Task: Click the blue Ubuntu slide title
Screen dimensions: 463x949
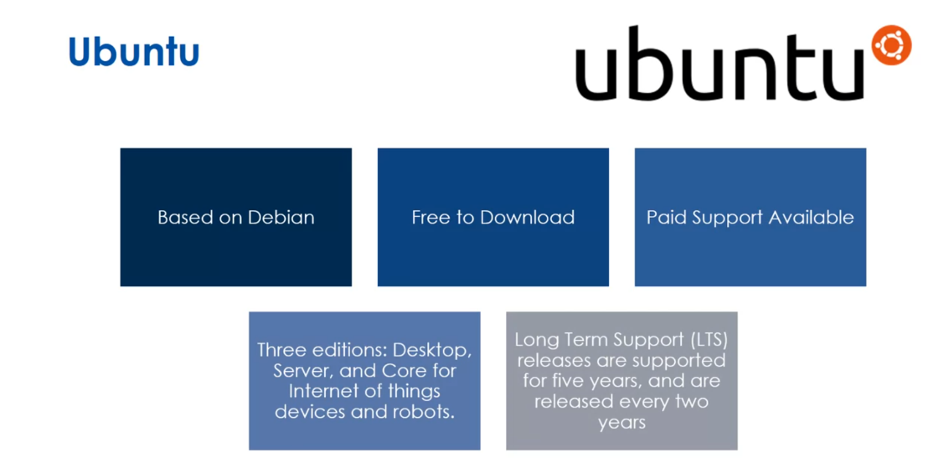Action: tap(134, 52)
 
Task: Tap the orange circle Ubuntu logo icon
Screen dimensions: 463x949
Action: tap(890, 44)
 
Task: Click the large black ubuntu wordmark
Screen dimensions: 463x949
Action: tap(719, 64)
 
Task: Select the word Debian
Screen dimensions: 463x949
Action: tap(281, 218)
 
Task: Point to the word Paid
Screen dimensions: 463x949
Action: tap(664, 218)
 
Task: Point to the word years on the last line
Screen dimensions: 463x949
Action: tap(621, 422)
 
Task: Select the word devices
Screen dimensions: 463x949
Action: tap(308, 412)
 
